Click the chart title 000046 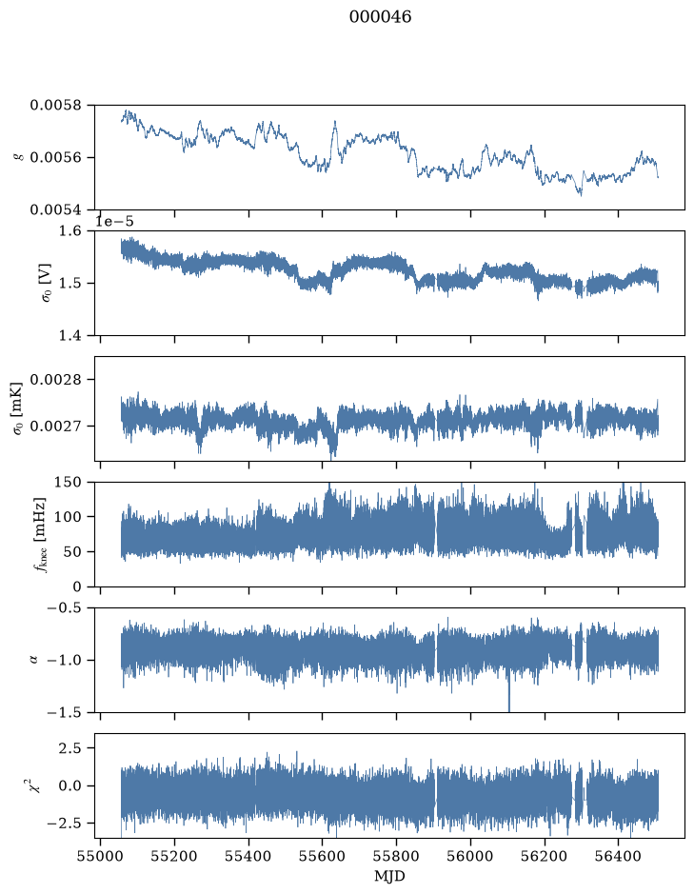380,16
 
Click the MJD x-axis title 389,876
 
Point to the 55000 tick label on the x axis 100,856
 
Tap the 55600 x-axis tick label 323,856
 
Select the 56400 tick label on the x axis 619,856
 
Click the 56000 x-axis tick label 471,856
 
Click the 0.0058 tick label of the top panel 55,105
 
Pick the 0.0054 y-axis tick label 55,209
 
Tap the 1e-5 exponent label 114,221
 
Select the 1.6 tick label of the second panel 70,231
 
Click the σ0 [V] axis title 47,283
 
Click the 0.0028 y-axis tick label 55,380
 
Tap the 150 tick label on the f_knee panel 68,482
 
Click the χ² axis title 35,785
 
